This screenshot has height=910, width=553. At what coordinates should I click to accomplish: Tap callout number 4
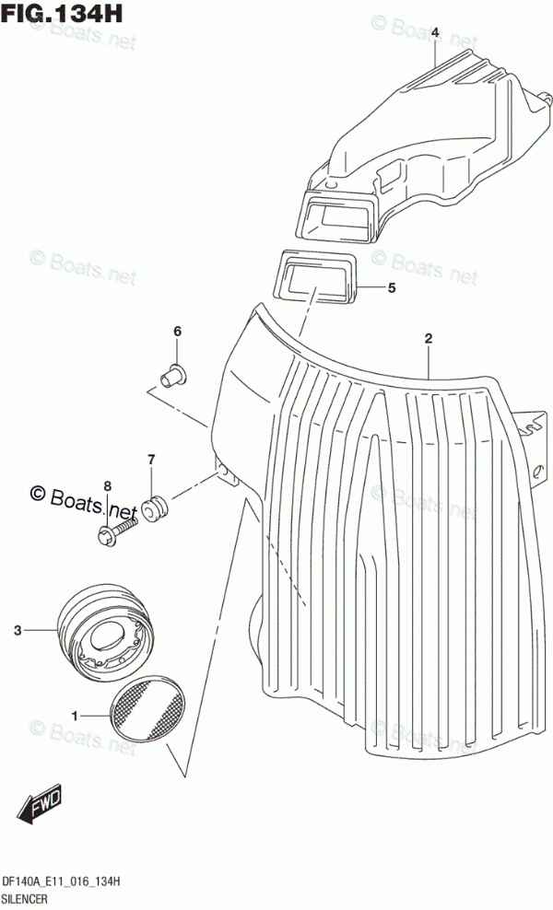point(434,33)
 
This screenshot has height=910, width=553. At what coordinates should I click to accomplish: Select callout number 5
point(391,288)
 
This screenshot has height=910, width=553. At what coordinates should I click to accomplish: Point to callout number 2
point(429,340)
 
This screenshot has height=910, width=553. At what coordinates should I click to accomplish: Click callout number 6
point(178,332)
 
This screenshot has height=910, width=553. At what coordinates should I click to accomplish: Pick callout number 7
point(151,459)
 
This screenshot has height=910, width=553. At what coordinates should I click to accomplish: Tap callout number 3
point(17,631)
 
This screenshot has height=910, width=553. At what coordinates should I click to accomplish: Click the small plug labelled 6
point(172,374)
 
